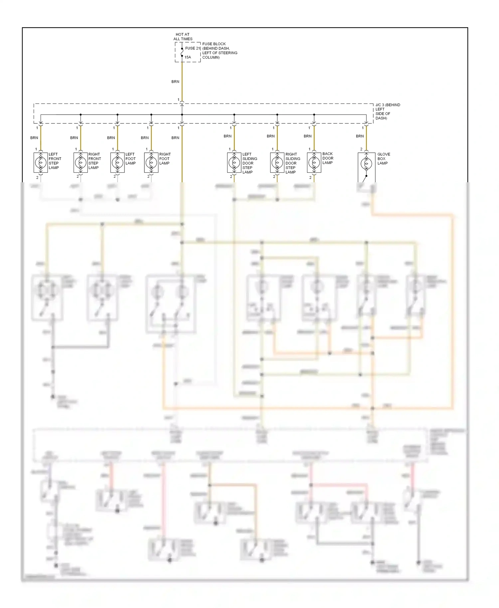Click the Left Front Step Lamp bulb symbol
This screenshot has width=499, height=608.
pyautogui.click(x=41, y=163)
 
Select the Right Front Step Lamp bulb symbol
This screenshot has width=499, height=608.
pyautogui.click(x=81, y=163)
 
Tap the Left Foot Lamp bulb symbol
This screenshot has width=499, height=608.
pyautogui.click(x=117, y=163)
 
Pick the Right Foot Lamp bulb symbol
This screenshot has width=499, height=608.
pyautogui.click(x=151, y=163)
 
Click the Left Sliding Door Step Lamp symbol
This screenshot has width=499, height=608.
pyautogui.click(x=234, y=163)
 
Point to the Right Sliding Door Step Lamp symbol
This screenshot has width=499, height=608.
pyautogui.click(x=277, y=163)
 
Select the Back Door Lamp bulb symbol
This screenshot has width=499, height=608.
pyautogui.click(x=314, y=163)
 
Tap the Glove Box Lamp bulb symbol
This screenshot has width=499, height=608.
pyautogui.click(x=366, y=163)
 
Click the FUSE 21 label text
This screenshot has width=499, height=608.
pyautogui.click(x=193, y=48)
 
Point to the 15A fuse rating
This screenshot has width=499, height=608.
pyautogui.click(x=188, y=57)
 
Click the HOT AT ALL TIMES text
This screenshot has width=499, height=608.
pyautogui.click(x=183, y=37)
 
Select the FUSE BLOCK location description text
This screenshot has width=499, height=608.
pyautogui.click(x=220, y=51)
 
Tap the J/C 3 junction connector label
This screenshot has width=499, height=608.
pyautogui.click(x=388, y=111)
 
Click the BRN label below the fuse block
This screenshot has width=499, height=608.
pyautogui.click(x=175, y=81)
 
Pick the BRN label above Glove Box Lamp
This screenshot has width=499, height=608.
pyautogui.click(x=360, y=136)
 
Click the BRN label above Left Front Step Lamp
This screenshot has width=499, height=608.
pyautogui.click(x=34, y=138)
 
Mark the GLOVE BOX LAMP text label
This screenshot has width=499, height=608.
pyautogui.click(x=383, y=159)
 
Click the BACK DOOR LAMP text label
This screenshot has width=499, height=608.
pyautogui.click(x=328, y=158)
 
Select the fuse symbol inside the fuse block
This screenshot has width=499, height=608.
pyautogui.click(x=182, y=53)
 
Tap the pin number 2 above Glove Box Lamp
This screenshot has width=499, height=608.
pyautogui.click(x=361, y=149)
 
